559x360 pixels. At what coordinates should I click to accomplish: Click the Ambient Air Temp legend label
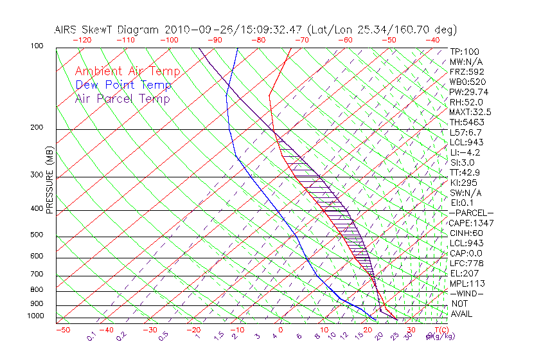[127, 71]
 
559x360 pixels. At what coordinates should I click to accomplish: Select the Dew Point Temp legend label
[123, 85]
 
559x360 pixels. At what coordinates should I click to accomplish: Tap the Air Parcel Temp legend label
[122, 98]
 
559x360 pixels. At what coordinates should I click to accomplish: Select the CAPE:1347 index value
[468, 223]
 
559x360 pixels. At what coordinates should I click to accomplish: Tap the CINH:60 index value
[465, 233]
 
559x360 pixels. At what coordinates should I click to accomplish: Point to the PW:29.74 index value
[468, 92]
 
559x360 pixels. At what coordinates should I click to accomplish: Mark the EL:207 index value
[463, 273]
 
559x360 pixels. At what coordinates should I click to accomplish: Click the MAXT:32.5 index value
[470, 112]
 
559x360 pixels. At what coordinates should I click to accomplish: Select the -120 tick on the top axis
[82, 40]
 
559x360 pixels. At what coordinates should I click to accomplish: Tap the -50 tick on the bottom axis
[62, 330]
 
